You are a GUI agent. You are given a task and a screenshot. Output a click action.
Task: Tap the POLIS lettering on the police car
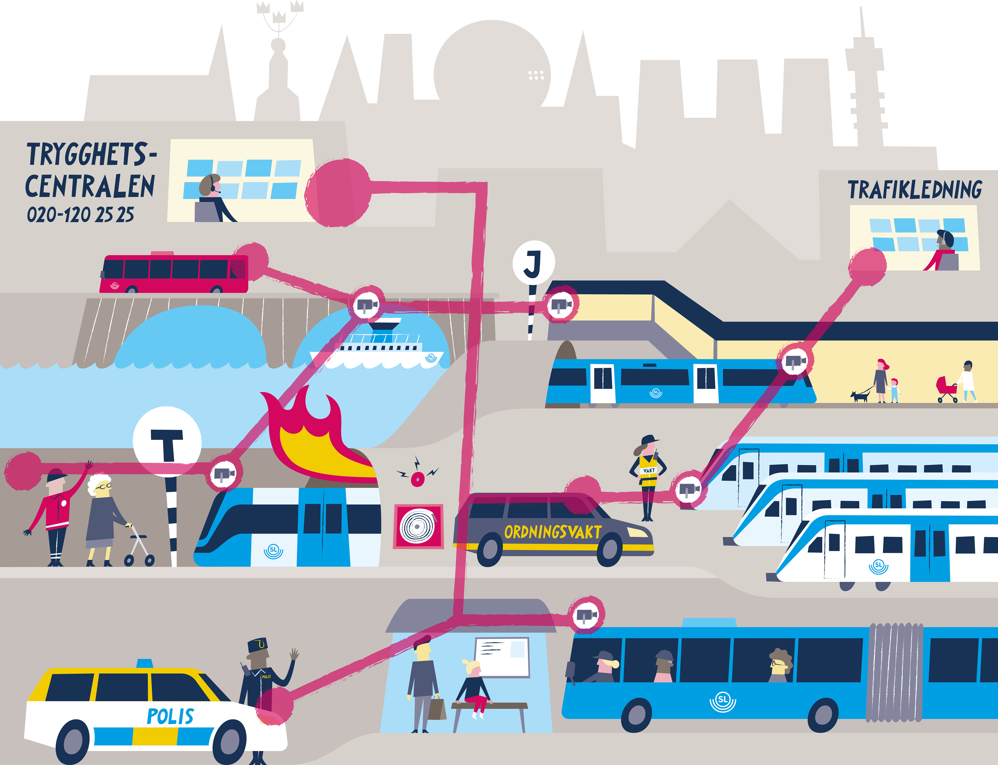click(170, 716)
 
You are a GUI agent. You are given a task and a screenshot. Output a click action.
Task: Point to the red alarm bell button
click(417, 478)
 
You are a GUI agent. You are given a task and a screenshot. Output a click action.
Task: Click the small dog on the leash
click(859, 395)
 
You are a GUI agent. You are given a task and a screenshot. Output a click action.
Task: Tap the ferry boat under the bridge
click(378, 348)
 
